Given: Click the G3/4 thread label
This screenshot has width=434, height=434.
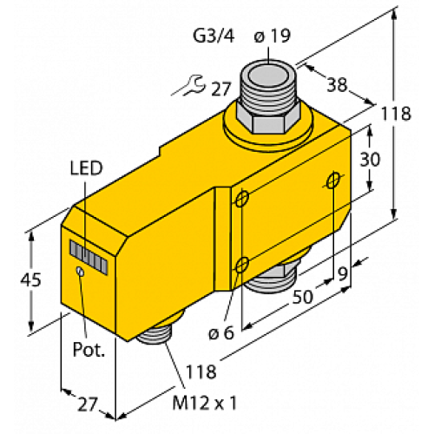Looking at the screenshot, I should [212, 37].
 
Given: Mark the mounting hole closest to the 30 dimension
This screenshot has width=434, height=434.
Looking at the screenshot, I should [333, 181].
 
